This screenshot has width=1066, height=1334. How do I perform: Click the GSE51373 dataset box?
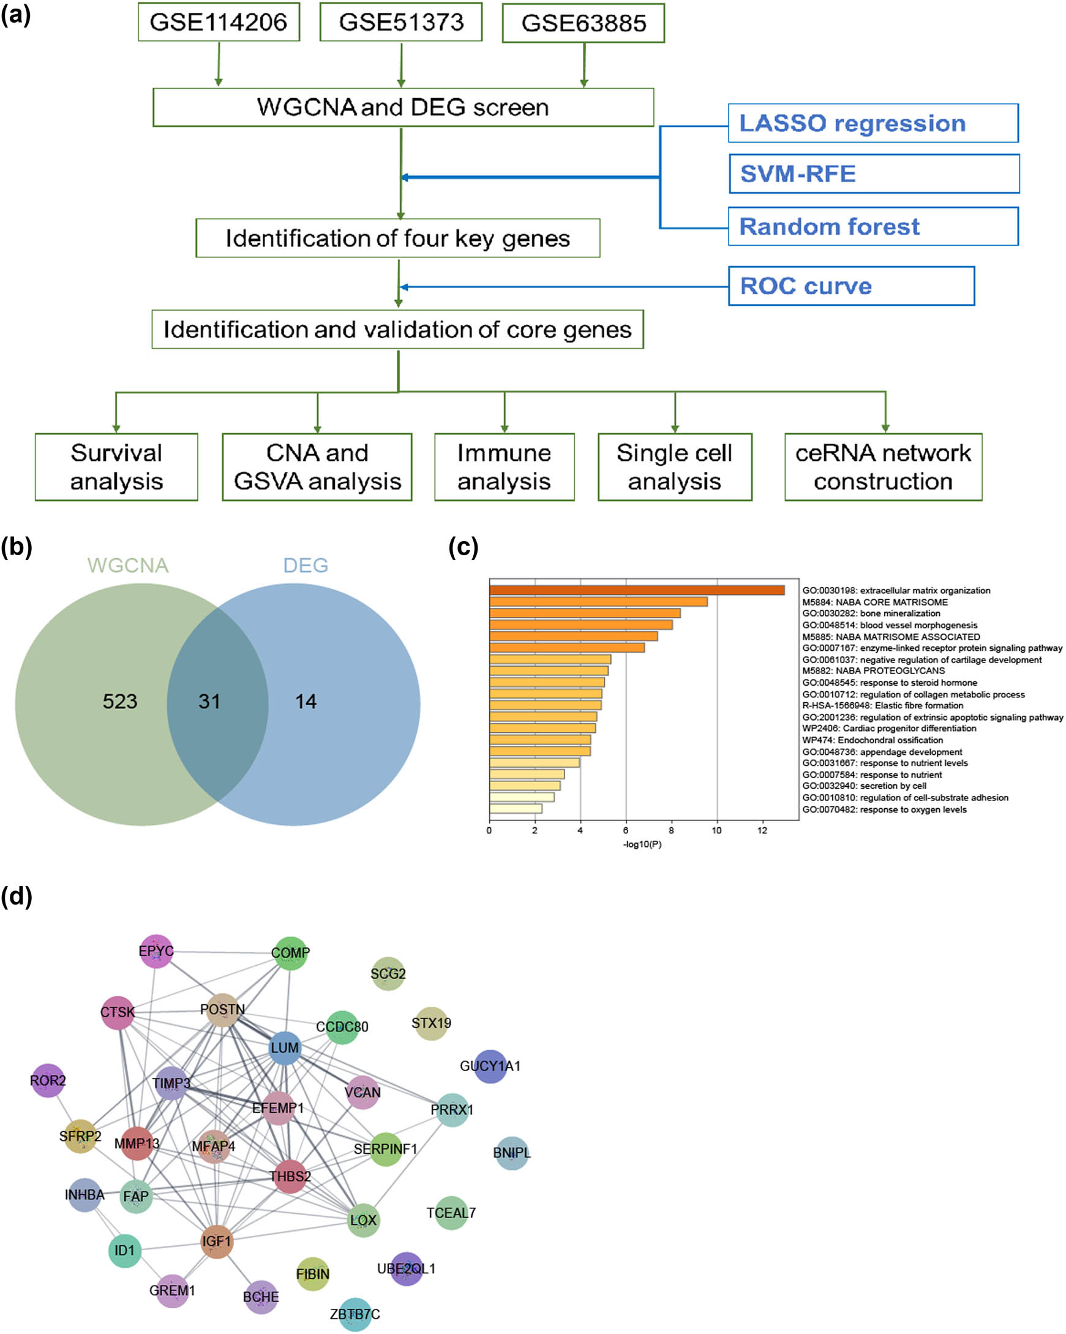pos(400,22)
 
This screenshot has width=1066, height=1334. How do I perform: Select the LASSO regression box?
pos(873,123)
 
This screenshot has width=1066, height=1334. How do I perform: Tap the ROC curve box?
pos(851,286)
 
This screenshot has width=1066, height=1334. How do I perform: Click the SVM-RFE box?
pos(873,174)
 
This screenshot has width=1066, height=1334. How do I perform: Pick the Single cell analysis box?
pos(674,467)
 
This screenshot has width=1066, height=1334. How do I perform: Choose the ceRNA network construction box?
pos(882,467)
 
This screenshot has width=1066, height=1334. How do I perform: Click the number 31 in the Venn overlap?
pos(209,701)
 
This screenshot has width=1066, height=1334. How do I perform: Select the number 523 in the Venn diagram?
pos(119,701)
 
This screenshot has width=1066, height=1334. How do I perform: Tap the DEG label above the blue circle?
pos(306,565)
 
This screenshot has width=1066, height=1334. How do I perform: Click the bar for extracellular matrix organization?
pos(636,590)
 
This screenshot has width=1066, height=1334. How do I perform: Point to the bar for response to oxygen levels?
pos(515,809)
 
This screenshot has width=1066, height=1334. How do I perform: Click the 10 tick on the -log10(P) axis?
pos(716,830)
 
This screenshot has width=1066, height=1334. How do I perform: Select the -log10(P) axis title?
pos(642,844)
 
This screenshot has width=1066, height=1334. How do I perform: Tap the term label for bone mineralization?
pos(871,613)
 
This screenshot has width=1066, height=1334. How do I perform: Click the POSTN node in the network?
pos(223,1009)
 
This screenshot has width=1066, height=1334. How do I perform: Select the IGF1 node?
pos(216,1241)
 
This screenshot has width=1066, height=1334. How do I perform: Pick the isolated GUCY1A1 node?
pos(490,1066)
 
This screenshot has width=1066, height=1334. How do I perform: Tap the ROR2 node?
pos(48,1080)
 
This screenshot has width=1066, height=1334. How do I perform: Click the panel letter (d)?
pos(17,896)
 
